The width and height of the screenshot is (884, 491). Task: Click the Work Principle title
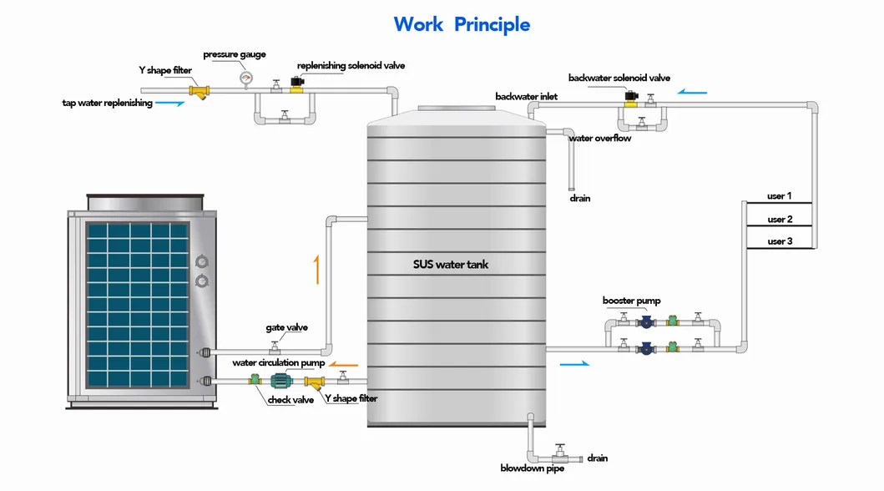(x=462, y=24)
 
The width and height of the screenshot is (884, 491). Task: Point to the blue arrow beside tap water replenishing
(x=170, y=104)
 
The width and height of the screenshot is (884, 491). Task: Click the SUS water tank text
(x=451, y=265)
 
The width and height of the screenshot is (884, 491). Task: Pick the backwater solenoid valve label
(x=619, y=78)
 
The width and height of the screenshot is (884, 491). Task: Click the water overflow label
(x=599, y=139)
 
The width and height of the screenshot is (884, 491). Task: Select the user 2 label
(x=779, y=220)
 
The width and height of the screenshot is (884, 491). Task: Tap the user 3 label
(x=779, y=241)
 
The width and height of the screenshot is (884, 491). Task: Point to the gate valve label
(x=286, y=328)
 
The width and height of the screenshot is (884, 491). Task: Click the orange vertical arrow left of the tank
(x=316, y=271)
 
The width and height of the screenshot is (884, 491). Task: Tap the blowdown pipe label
(x=532, y=468)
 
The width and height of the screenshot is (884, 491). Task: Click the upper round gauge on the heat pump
(x=201, y=261)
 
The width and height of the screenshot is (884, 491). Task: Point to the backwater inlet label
(x=526, y=97)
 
